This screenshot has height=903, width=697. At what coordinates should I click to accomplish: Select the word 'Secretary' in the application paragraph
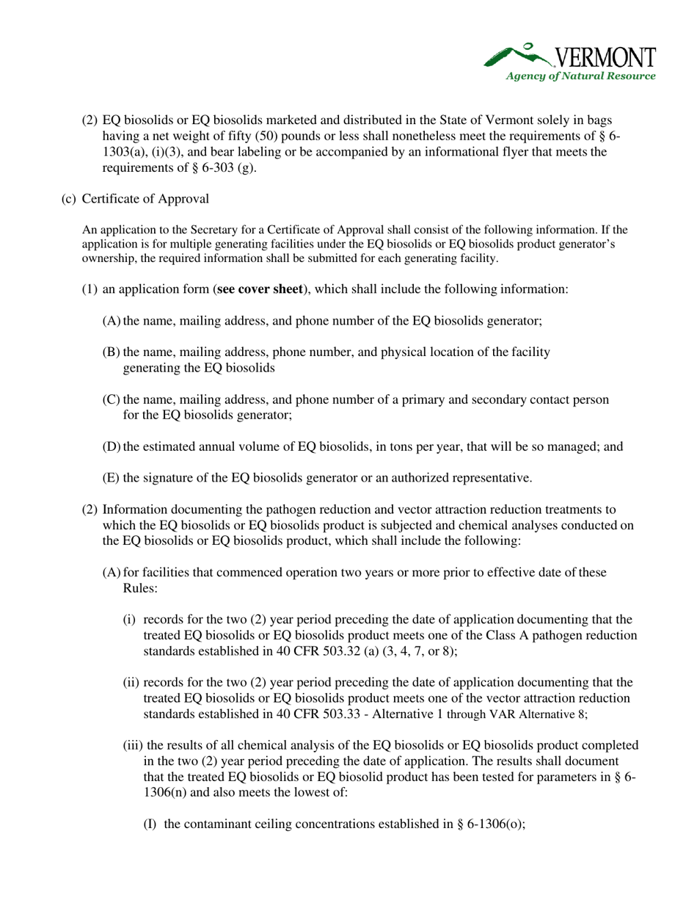point(204,230)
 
